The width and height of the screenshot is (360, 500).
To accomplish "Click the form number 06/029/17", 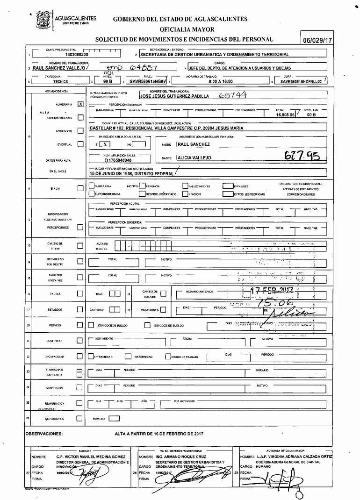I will (x=317, y=41).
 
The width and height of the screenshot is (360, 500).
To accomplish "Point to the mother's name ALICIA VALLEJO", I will (x=194, y=157).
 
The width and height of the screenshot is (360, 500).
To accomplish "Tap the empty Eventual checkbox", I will (x=80, y=144).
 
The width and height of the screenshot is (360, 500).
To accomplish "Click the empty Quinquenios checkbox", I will (x=79, y=419).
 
